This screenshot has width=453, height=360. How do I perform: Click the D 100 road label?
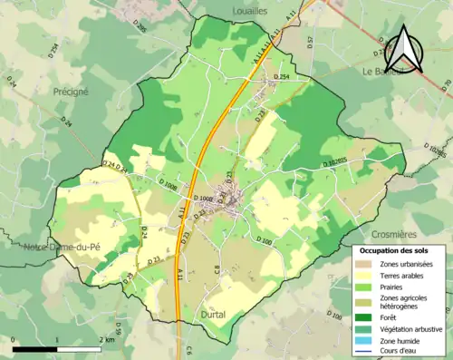click(x=265, y=242)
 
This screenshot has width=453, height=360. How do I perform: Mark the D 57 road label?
click(x=309, y=41)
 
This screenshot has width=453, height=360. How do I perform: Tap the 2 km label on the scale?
click(x=106, y=339)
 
